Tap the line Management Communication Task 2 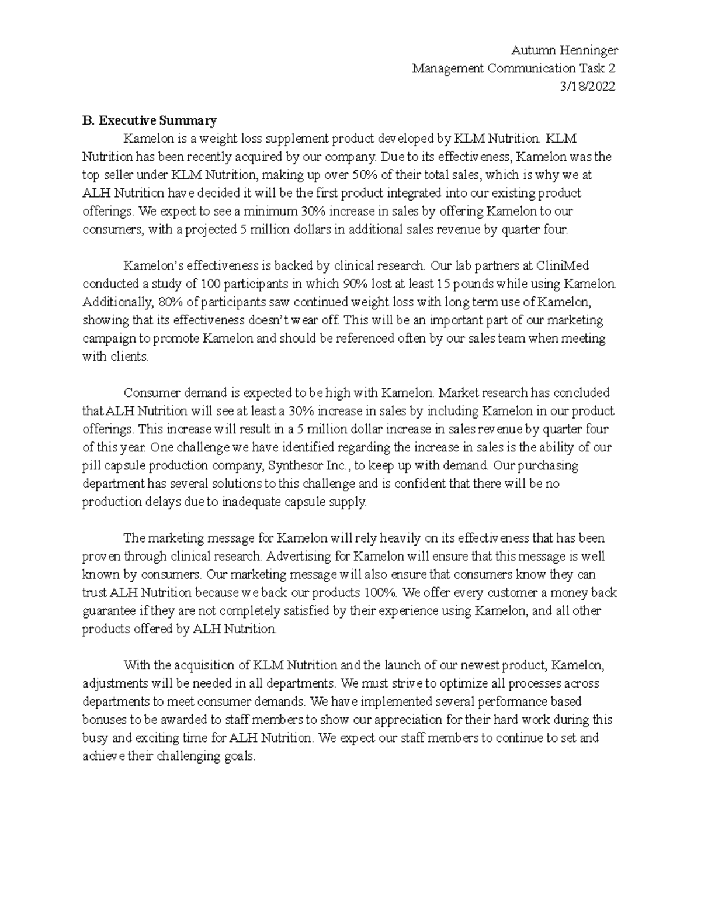pos(513,68)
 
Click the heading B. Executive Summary pos(150,120)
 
